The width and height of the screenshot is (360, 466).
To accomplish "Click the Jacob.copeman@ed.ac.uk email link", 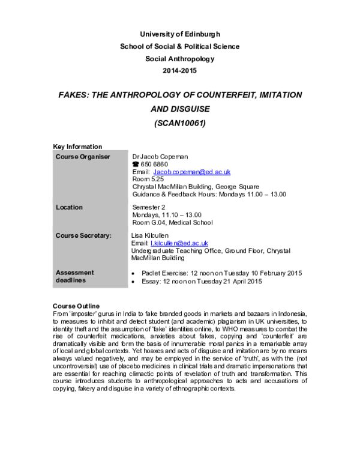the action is point(192,172).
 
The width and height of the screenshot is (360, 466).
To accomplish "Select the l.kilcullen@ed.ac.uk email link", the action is point(179,243).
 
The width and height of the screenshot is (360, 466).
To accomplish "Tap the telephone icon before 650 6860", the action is point(136,164).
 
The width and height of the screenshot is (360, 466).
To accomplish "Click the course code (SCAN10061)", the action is point(180,123).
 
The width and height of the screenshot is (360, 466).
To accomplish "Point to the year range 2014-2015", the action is point(180,70).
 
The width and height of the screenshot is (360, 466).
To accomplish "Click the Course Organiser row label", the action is point(83,157).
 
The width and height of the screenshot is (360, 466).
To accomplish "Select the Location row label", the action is point(69,207).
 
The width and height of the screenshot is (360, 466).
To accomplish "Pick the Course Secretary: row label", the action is point(84,235).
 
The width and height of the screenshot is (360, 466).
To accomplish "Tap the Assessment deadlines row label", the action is point(75,276).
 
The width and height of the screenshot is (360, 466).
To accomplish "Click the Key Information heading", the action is point(77,147).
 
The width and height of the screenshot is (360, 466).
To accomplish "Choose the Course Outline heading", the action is point(76,306).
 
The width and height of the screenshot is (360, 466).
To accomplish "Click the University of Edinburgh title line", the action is point(180,34).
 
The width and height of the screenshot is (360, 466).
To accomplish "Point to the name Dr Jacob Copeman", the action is point(160,157).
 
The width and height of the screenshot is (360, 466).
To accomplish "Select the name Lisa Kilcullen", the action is point(150,235).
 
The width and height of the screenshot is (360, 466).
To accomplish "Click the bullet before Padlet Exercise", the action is point(133,273).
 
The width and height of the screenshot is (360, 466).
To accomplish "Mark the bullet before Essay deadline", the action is point(133,282).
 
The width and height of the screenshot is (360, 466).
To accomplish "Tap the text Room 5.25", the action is point(148,179).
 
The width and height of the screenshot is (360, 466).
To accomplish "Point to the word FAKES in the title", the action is point(73,95).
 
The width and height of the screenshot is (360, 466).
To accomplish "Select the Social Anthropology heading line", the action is point(180,59).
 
